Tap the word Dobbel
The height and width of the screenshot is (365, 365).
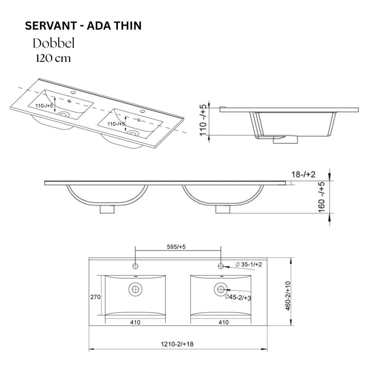click(x=53, y=43)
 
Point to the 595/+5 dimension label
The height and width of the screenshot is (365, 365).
click(x=176, y=247)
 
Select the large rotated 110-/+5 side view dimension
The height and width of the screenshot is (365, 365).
click(x=205, y=121)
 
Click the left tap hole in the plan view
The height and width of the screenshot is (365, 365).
click(x=135, y=265)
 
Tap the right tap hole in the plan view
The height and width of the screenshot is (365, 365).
click(x=221, y=265)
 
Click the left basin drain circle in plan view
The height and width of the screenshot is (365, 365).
click(x=135, y=290)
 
